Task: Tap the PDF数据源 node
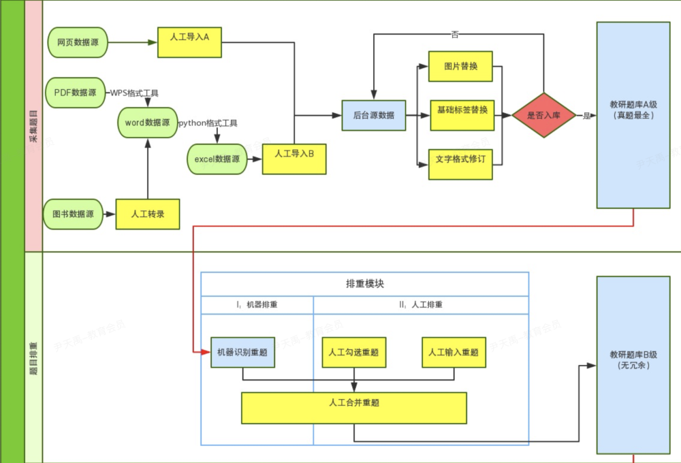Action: pyautogui.click(x=75, y=93)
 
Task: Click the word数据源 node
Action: pyautogui.click(x=147, y=123)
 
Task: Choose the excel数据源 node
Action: pyautogui.click(x=217, y=159)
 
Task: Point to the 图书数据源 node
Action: pyautogui.click(x=73, y=214)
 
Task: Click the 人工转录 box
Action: pyautogui.click(x=148, y=214)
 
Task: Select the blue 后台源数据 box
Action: pyautogui.click(x=373, y=115)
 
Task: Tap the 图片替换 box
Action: pyautogui.click(x=460, y=67)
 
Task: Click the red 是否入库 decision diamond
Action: pyautogui.click(x=543, y=115)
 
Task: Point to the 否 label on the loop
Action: pyautogui.click(x=454, y=33)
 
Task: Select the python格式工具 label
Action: pyautogui.click(x=208, y=123)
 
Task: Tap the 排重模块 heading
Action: pyautogui.click(x=365, y=284)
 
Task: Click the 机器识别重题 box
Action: pyautogui.click(x=242, y=353)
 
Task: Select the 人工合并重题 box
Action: pyautogui.click(x=353, y=407)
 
